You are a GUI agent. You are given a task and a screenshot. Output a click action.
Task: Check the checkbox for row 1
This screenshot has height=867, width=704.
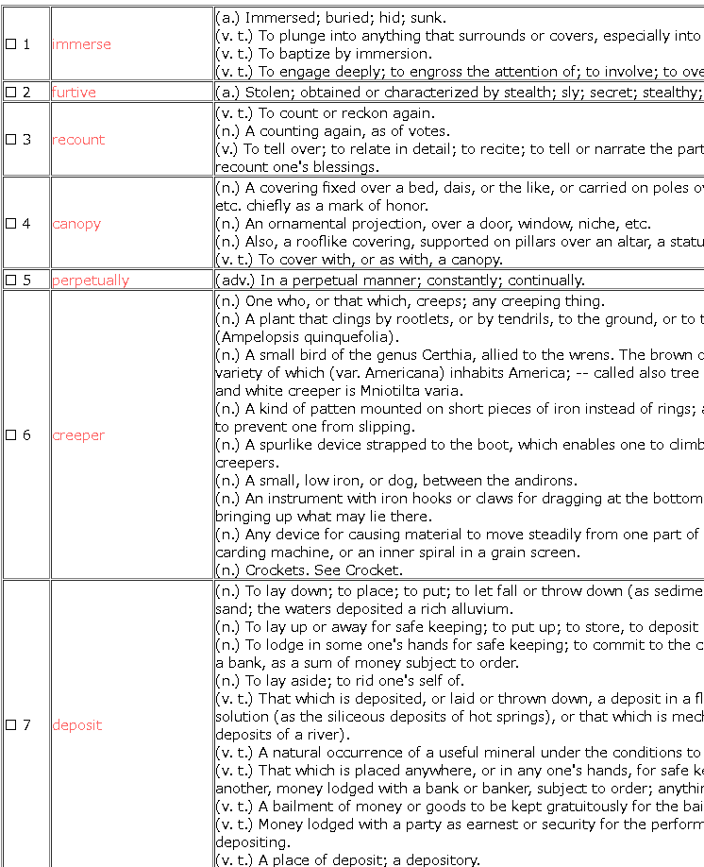pos(11,44)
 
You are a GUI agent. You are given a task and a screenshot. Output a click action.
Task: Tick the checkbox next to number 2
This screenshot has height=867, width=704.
pos(11,93)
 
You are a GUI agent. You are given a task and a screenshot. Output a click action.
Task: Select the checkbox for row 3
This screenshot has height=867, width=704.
pos(11,140)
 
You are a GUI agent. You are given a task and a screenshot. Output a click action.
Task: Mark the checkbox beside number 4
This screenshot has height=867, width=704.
pos(11,224)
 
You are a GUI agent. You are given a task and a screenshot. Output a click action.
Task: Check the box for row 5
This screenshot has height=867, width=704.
pos(11,280)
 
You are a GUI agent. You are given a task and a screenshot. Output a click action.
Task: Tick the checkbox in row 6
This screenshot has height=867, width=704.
pos(11,435)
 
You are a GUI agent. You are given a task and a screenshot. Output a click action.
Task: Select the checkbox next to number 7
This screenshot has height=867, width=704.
pos(11,725)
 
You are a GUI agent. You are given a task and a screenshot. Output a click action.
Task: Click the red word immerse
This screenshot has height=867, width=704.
pos(81,44)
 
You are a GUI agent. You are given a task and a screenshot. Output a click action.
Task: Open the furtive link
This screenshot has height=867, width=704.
pos(74,93)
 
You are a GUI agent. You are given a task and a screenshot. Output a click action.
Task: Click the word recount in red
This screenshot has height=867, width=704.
pos(78,140)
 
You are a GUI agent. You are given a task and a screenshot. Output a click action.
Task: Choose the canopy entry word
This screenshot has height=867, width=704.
pos(76,224)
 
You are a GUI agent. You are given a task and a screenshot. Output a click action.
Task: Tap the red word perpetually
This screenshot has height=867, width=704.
pos(91,280)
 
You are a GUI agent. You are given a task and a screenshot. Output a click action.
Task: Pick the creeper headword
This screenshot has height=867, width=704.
pos(78,435)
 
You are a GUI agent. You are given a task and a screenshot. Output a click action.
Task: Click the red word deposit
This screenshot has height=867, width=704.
pos(76,725)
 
